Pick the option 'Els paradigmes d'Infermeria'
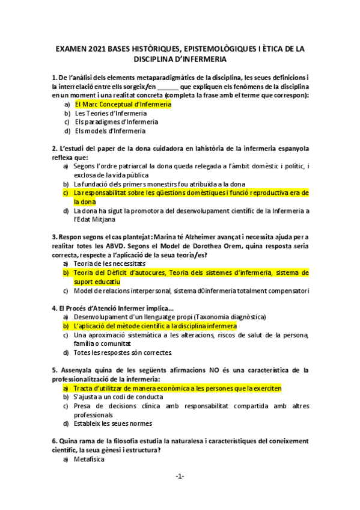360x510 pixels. [x=112, y=121]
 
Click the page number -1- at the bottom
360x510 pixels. [x=180, y=476]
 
